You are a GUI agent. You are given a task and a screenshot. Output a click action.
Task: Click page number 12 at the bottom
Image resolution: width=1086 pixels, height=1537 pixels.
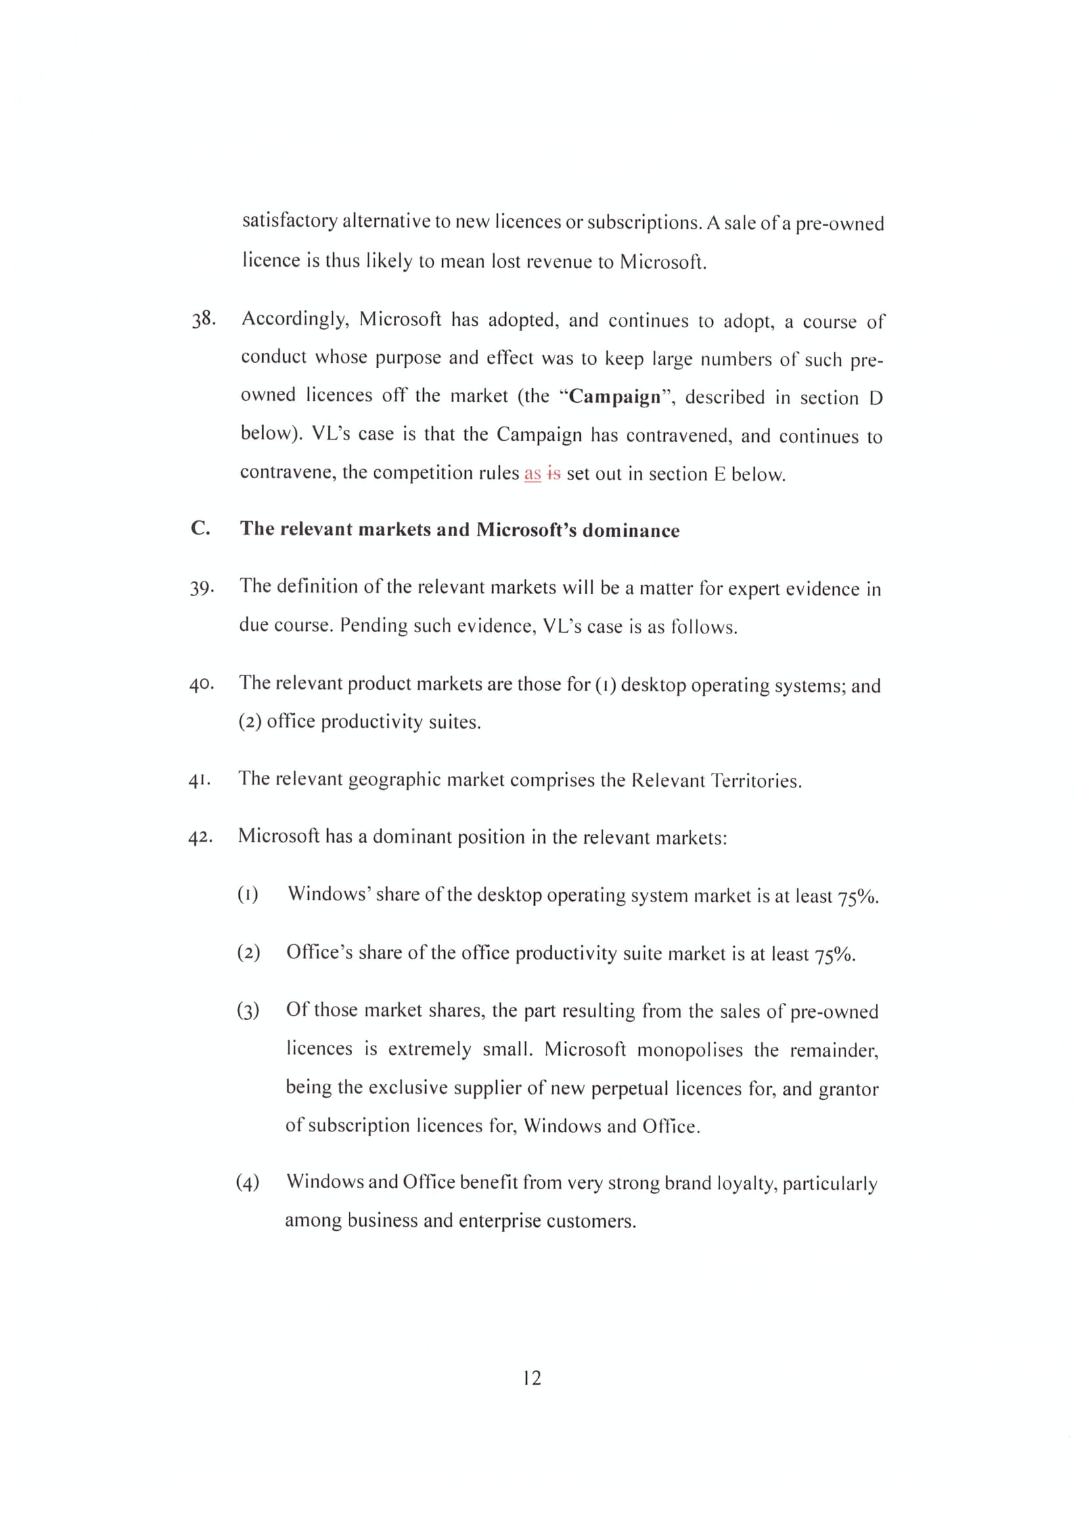532,1378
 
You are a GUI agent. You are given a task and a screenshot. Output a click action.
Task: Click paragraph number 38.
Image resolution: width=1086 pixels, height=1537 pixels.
204,319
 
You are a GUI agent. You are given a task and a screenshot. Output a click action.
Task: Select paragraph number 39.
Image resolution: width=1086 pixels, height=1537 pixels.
202,588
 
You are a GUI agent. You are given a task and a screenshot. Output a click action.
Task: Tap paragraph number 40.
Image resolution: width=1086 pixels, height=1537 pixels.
201,685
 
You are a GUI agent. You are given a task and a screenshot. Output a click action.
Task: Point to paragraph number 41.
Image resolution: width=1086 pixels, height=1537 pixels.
200,781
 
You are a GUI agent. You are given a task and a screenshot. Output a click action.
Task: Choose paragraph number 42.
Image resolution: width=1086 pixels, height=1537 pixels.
200,837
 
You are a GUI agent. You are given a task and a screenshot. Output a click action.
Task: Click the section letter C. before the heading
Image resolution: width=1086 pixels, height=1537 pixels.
200,529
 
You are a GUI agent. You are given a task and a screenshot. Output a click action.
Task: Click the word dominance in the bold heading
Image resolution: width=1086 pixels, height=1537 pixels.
630,531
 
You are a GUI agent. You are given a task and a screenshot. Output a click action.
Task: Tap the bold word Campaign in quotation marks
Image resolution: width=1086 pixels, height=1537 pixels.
615,397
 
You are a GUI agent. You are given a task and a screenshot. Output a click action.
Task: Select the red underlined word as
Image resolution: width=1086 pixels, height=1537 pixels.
533,474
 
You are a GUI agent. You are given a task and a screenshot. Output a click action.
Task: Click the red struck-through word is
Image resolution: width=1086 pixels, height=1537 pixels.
553,474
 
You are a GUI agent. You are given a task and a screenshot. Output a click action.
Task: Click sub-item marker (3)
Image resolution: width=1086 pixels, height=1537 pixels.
248,1011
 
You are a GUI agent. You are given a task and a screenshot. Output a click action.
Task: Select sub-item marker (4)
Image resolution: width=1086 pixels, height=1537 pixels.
248,1183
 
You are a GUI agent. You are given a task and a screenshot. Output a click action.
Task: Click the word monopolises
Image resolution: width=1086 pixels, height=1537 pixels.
690,1049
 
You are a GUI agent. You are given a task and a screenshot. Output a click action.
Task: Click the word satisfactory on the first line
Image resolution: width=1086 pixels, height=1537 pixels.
290,221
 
